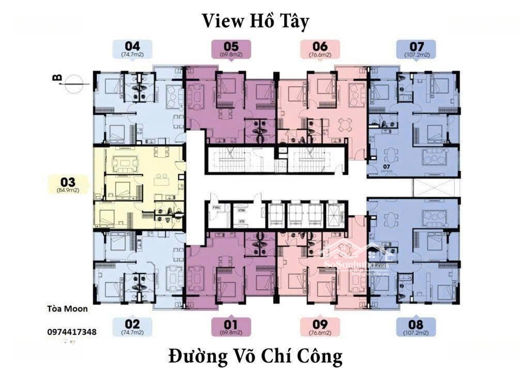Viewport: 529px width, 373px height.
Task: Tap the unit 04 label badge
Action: click(130, 49)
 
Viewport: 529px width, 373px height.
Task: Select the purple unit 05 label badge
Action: click(231, 49)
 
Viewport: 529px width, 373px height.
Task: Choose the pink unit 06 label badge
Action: click(320, 49)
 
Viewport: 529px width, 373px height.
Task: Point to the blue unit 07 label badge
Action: click(416, 49)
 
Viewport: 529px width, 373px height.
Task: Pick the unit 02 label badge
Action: click(132, 327)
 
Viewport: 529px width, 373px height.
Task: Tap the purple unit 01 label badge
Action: click(231, 327)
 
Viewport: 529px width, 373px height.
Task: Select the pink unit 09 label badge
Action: click(320, 327)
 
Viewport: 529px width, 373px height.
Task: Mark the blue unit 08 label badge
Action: click(416, 327)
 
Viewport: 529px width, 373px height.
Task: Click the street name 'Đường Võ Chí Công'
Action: click(255, 356)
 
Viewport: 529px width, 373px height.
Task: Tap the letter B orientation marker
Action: click(57, 79)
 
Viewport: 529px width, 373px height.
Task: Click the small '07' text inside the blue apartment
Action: click(386, 166)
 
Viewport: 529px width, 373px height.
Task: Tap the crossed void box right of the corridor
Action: click(436, 187)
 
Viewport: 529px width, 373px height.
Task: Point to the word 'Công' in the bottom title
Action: click(318, 356)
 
